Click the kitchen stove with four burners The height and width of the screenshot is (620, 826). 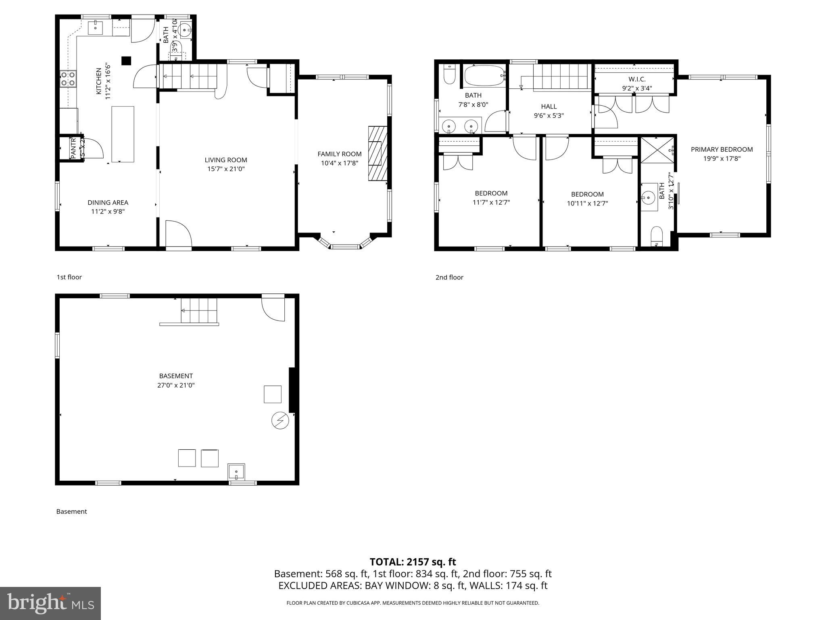(68, 79)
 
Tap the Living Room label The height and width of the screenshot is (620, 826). (225, 160)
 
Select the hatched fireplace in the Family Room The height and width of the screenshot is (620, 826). (378, 153)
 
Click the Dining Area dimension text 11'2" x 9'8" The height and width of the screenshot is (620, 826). (108, 212)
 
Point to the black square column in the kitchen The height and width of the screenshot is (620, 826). (127, 61)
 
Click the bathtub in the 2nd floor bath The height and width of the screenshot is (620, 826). (484, 75)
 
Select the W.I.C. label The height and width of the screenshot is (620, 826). (637, 79)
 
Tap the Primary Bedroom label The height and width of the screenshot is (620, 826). (722, 149)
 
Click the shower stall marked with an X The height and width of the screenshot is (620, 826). (657, 150)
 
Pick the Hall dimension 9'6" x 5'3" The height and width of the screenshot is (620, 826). (549, 115)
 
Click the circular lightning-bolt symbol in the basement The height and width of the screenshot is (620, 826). (280, 421)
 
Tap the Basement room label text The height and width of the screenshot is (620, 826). (176, 376)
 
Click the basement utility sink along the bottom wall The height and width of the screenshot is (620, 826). (236, 471)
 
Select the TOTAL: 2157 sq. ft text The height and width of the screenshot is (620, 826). (413, 562)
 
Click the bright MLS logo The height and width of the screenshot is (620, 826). (50, 603)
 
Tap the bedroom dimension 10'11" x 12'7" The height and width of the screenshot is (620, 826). (587, 203)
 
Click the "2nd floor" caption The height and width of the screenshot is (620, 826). (449, 277)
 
